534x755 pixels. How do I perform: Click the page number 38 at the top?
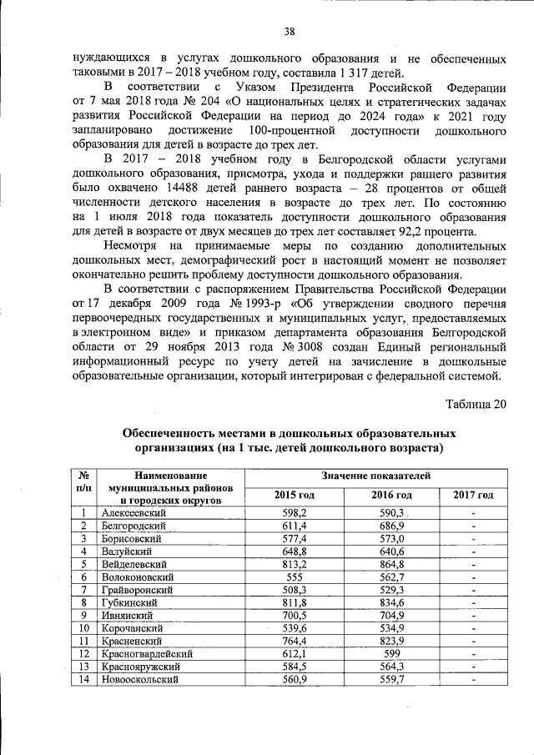pos(290,32)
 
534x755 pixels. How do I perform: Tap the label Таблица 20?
pos(476,405)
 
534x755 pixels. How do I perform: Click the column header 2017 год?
pos(473,495)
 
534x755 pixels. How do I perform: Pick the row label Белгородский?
pos(133,526)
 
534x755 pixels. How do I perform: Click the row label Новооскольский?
pos(139,680)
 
